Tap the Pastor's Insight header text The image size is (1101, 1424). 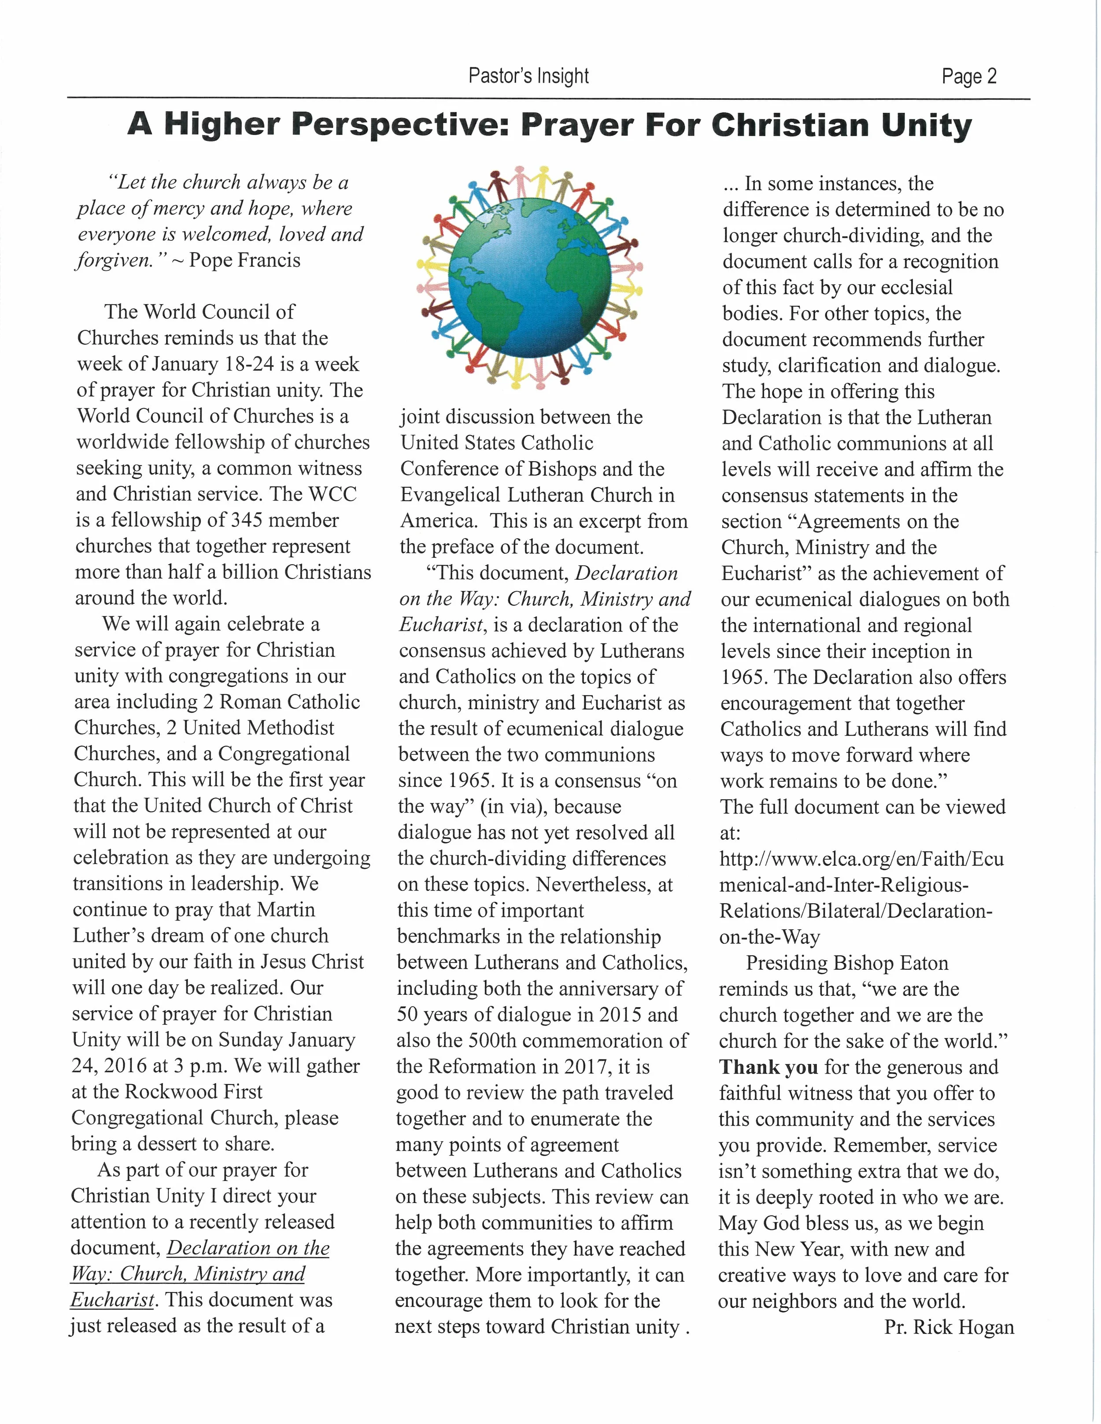528,76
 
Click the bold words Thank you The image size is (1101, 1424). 768,1067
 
